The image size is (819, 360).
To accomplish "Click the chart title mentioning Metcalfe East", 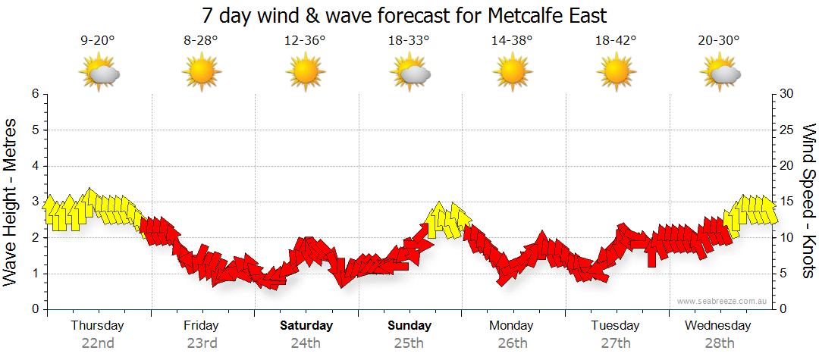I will (x=405, y=15).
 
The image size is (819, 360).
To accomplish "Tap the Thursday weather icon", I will (x=99, y=74).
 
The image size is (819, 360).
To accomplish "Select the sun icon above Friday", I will (x=201, y=74).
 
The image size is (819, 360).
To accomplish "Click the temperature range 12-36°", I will (x=305, y=41).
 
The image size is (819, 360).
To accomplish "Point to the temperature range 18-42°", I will (x=615, y=41).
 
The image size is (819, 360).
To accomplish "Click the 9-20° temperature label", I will (x=98, y=41).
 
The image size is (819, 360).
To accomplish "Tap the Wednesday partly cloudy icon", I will (x=719, y=74).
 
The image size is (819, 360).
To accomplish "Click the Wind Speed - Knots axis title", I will (x=808, y=201).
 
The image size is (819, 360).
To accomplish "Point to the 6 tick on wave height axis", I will (x=34, y=94).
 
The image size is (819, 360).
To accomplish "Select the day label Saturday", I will (x=306, y=326).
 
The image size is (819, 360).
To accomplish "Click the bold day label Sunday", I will (x=409, y=326).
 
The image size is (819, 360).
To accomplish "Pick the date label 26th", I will (x=513, y=343).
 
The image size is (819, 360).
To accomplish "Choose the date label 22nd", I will (x=98, y=343).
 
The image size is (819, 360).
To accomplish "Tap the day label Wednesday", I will (x=717, y=326).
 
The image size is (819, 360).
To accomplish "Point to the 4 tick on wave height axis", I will (x=34, y=166).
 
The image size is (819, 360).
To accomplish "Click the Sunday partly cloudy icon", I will (x=409, y=74).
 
